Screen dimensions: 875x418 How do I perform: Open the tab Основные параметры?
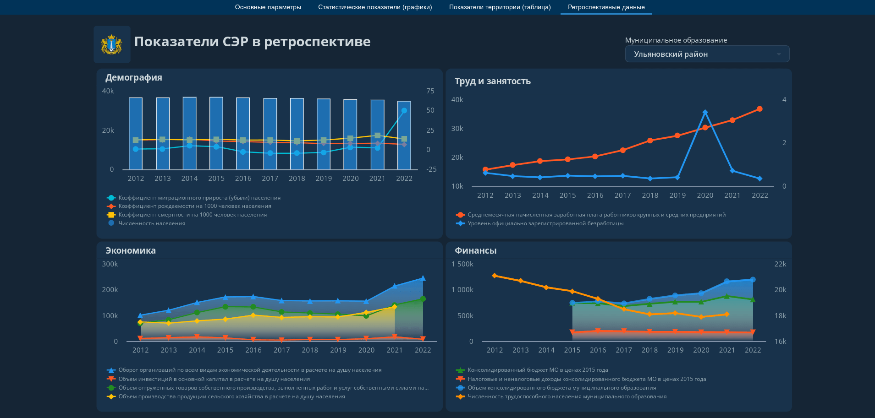click(x=268, y=7)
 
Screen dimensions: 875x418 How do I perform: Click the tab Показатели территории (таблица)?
click(x=500, y=7)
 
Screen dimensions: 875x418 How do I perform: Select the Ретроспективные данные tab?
click(x=606, y=7)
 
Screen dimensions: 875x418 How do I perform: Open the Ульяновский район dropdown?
click(x=707, y=54)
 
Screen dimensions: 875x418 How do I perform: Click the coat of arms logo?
click(x=111, y=44)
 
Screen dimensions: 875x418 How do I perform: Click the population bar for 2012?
click(x=136, y=134)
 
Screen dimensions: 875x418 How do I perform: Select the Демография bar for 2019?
click(x=324, y=134)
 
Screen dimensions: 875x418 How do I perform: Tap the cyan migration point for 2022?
click(x=404, y=111)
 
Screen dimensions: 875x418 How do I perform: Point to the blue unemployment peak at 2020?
click(x=705, y=112)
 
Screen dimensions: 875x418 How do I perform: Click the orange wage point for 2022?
click(x=759, y=109)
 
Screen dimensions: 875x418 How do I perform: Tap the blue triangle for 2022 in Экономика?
click(x=423, y=278)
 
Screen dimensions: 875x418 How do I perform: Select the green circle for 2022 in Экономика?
click(x=423, y=299)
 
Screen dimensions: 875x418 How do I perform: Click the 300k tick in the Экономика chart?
click(x=110, y=264)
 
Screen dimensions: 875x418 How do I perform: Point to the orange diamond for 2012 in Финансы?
click(x=495, y=276)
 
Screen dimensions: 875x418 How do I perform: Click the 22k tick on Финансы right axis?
click(x=780, y=264)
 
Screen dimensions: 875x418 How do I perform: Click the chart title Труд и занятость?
click(x=493, y=81)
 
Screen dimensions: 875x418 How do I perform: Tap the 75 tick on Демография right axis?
click(x=430, y=91)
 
